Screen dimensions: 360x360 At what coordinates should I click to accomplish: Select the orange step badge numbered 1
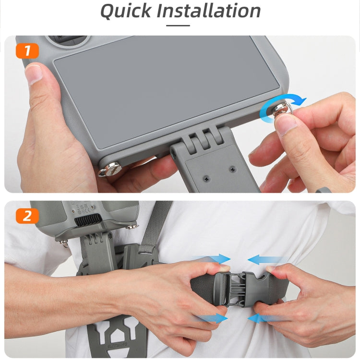27,50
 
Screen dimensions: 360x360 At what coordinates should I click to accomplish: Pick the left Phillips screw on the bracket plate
207,179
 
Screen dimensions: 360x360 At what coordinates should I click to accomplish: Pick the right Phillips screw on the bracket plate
232,169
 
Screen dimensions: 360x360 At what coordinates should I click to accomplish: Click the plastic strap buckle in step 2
240,288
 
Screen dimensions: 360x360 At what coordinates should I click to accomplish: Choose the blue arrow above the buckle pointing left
264,260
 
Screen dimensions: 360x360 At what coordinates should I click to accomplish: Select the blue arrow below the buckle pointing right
214,317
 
